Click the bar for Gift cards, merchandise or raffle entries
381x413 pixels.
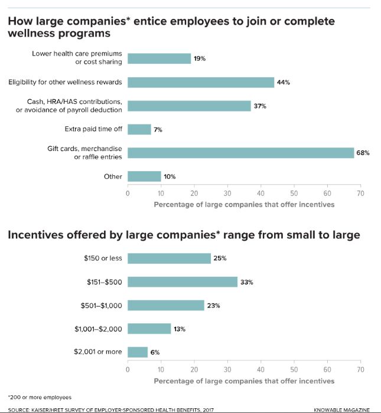point(240,153)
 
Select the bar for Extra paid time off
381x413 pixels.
point(139,129)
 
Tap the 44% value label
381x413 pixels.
point(283,83)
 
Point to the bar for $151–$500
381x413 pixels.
point(183,282)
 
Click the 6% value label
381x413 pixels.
point(155,352)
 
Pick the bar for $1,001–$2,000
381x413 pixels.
point(149,329)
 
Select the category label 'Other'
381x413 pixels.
point(113,176)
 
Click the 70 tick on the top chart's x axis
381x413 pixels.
point(360,193)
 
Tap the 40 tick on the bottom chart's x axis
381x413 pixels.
point(260,369)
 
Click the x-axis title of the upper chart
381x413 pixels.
point(244,204)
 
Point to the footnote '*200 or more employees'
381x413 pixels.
point(40,397)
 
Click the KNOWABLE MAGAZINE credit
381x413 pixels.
point(342,409)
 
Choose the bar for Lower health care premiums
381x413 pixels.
point(159,58)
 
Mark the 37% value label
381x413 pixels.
point(260,106)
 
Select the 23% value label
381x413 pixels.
point(213,306)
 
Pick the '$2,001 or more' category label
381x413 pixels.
point(98,352)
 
